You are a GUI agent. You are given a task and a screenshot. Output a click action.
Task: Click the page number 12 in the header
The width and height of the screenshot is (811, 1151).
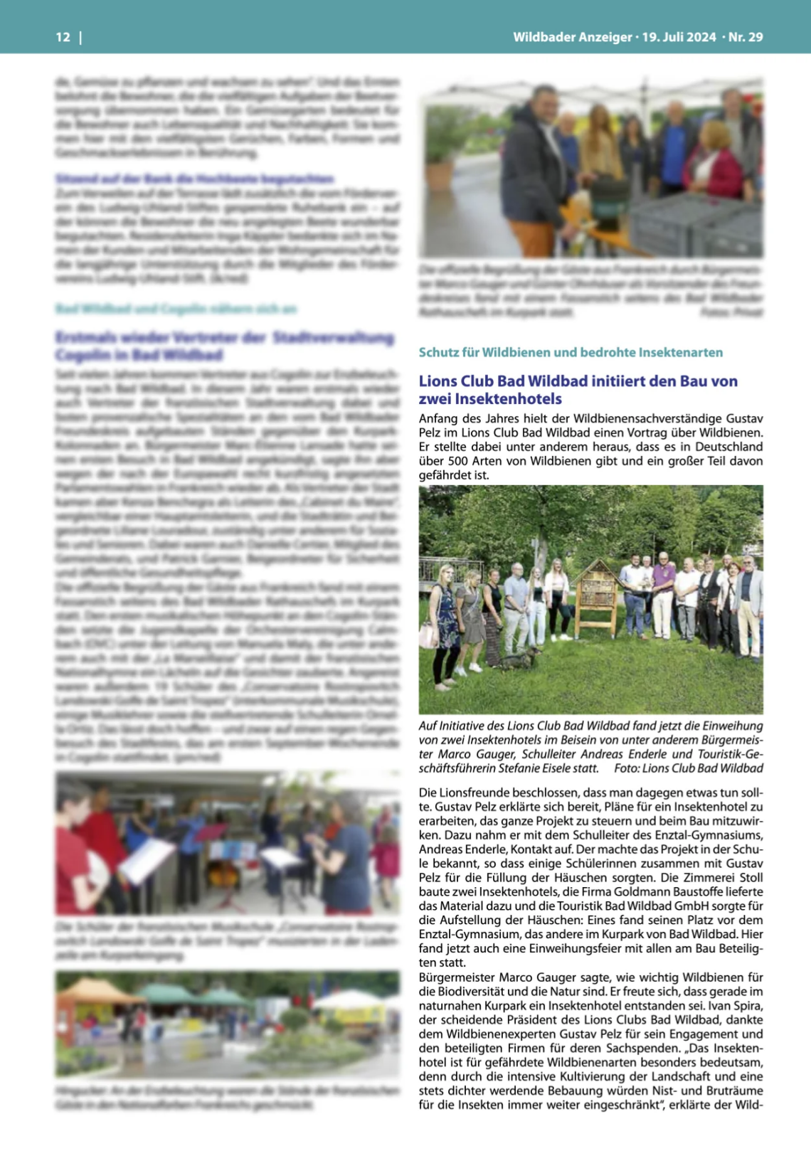63,37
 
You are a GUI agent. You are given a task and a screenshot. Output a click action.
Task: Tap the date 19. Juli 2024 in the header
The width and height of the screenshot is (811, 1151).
679,37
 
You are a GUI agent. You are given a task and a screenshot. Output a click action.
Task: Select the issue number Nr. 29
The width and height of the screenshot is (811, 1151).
746,37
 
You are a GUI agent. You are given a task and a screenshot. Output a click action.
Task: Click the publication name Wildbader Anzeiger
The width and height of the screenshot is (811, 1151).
572,37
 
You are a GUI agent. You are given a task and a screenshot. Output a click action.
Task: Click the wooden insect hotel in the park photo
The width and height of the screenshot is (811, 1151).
597,598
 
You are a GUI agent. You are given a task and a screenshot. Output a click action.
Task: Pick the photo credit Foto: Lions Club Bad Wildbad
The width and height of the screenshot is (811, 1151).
688,768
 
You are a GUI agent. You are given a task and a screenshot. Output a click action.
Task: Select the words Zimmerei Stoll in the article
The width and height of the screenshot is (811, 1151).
719,878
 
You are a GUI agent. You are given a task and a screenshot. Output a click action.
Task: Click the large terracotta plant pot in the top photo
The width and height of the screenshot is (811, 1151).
440,174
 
